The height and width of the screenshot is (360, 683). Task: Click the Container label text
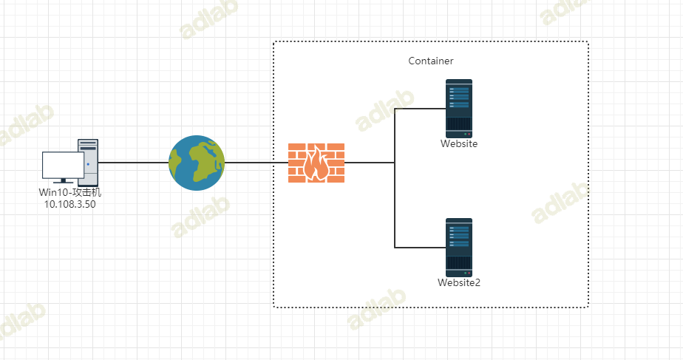[x=431, y=61]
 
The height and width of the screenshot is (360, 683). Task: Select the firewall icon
[x=316, y=163]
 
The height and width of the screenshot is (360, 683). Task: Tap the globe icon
[x=196, y=163]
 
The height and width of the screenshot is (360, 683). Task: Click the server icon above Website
[x=458, y=107]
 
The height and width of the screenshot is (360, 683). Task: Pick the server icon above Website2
[x=458, y=246]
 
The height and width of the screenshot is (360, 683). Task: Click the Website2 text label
[x=459, y=282]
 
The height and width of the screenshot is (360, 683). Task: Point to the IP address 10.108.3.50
[x=70, y=204]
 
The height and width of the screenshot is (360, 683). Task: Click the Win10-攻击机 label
[x=69, y=193]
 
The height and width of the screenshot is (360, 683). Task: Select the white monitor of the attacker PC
[x=63, y=165]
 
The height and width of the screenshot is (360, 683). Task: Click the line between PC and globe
[x=133, y=163]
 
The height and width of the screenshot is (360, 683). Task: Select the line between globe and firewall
[x=256, y=163]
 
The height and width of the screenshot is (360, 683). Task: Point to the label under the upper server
[x=459, y=144]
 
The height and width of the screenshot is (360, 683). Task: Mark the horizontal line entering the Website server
[x=419, y=109]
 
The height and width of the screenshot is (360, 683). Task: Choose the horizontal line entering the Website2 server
[x=419, y=247]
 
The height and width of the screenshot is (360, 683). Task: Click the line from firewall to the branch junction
[x=370, y=163]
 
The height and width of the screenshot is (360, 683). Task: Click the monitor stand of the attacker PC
[x=63, y=180]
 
